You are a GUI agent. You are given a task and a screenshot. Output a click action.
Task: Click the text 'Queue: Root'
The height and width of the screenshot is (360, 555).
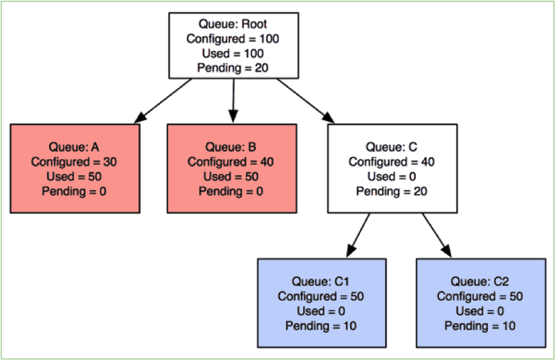232,25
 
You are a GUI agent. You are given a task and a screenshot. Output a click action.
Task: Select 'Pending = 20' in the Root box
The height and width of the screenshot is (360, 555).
232,67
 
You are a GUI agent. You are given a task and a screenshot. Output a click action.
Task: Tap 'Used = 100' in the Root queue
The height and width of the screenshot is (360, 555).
232,53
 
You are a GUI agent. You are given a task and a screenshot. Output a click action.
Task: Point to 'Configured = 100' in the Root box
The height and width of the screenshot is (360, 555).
232,39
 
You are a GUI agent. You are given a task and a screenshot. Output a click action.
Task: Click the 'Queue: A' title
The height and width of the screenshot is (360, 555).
75,147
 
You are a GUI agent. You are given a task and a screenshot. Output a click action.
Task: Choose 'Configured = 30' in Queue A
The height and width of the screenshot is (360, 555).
75,162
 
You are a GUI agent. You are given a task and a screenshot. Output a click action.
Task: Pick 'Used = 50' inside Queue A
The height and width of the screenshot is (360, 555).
75,177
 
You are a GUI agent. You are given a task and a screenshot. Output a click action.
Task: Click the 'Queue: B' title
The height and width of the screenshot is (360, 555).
231,147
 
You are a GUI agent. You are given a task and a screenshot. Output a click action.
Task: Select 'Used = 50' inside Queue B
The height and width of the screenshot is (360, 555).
231,177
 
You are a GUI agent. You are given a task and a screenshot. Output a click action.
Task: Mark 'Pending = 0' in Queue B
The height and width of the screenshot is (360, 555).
231,191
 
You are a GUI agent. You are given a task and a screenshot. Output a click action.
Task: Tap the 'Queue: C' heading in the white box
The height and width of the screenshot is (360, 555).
392,147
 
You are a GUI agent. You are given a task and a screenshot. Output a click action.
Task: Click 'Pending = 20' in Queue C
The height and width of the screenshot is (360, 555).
392,191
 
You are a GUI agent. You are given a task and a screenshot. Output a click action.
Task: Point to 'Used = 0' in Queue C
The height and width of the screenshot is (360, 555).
392,177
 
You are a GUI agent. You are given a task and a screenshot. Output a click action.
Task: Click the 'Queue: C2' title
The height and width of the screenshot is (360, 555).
480,281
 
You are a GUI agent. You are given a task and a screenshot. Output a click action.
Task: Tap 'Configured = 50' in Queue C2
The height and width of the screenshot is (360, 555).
480,296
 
